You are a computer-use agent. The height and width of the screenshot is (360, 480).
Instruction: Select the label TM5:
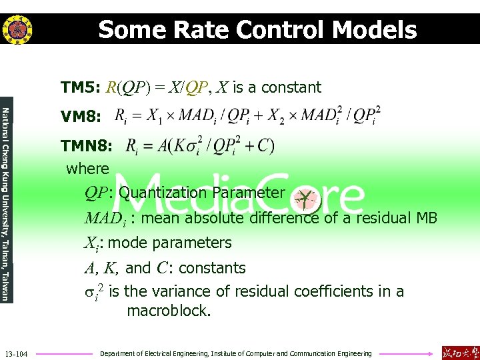80,88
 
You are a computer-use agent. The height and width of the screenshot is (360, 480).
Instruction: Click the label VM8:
80,117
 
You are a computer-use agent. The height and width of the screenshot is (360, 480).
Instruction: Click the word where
87,169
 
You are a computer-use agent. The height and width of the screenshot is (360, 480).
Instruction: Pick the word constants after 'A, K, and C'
212,268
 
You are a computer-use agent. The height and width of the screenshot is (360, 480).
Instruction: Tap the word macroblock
168,311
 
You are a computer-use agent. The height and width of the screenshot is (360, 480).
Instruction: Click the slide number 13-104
15,353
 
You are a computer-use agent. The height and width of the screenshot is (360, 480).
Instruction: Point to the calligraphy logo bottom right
459,353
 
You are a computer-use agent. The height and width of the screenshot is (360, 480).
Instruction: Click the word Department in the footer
117,353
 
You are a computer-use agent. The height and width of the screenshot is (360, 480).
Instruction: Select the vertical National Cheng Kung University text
5,204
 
